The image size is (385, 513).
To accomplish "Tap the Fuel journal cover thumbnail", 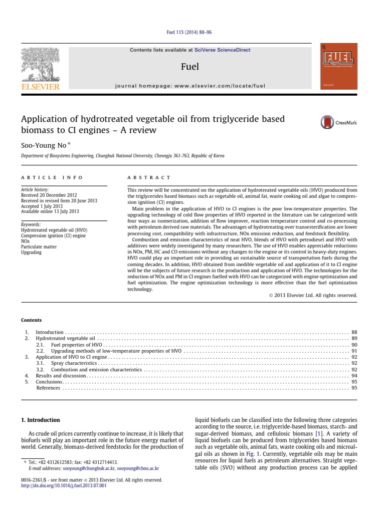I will (339, 67).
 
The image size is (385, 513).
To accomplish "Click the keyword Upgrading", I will (32, 252).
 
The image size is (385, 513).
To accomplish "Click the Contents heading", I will (31, 320).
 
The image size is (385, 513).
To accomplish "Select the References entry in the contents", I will (49, 388).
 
